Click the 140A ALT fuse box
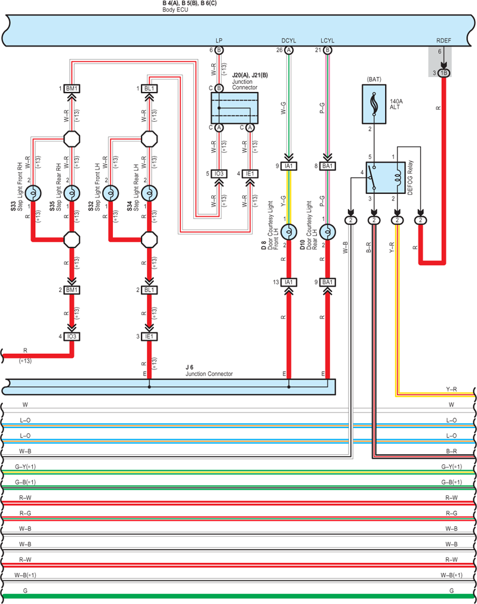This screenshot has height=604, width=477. tap(374, 104)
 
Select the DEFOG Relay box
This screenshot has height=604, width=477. tap(385, 178)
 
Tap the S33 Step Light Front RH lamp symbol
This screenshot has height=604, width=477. tap(33, 193)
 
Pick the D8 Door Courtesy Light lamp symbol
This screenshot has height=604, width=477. tap(288, 232)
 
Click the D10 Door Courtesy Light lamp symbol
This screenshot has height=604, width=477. tap(328, 232)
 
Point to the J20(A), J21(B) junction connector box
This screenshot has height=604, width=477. tap(234, 108)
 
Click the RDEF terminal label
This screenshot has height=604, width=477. tap(444, 41)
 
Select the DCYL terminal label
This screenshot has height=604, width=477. tap(288, 41)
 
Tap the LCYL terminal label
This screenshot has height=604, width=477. tap(328, 41)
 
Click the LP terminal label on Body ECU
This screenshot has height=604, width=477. tap(219, 41)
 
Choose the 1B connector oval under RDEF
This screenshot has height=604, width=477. tap(444, 73)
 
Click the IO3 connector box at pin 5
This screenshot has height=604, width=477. tap(219, 174)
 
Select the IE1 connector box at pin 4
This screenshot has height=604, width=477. tap(250, 174)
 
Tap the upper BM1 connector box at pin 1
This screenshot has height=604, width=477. tap(72, 88)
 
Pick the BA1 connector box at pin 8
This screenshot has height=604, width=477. tap(328, 166)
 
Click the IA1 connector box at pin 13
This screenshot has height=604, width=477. tap(288, 282)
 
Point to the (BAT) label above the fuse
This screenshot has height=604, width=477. tap(374, 79)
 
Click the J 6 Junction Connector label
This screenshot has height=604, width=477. tap(209, 371)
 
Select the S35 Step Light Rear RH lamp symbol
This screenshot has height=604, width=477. tap(72, 193)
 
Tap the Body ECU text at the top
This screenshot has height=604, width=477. tap(176, 10)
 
